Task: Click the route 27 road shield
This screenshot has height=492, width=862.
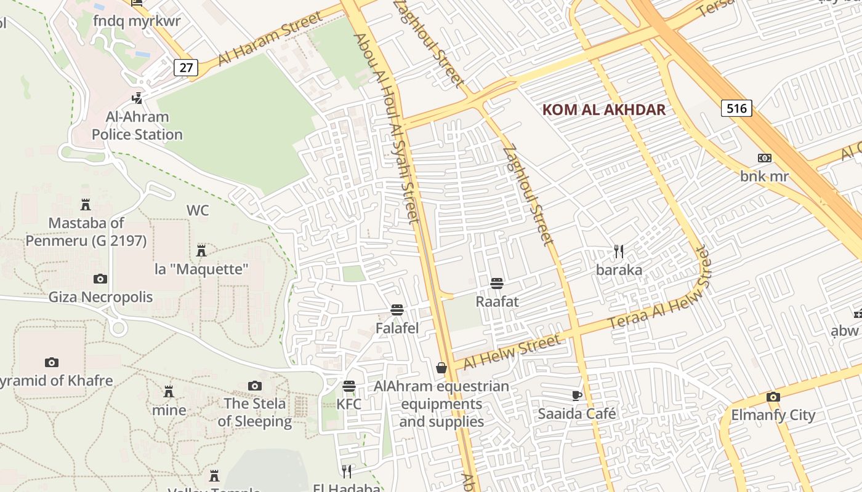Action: point(185,67)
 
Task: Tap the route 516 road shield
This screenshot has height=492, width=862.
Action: point(736,109)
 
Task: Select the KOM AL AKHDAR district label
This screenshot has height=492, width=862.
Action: point(603,110)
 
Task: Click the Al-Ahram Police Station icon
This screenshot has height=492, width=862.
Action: point(137,98)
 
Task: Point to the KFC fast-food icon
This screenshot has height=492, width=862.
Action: point(349,386)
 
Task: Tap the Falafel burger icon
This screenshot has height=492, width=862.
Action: point(397,310)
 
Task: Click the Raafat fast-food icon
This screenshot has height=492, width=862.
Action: point(497,284)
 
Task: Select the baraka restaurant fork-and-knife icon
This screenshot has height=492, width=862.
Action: point(619,251)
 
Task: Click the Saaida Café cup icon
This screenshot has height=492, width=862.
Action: point(576,395)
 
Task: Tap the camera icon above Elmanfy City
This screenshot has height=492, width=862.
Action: point(773,397)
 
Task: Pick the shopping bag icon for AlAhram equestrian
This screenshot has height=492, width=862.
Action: point(441,368)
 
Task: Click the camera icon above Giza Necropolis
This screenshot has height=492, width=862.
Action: point(100,279)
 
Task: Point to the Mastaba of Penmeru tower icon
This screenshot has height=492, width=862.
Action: point(86,204)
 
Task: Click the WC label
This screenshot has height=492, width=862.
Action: point(198,210)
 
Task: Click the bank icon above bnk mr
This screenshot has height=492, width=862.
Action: point(764,158)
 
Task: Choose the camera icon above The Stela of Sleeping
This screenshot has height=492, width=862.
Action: point(254,386)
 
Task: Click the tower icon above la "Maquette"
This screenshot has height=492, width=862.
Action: point(201,250)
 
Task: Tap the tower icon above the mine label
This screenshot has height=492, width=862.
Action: point(168,392)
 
